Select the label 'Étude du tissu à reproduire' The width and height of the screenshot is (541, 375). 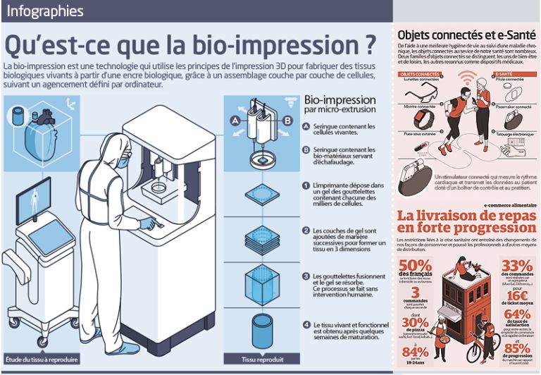tap(37, 359)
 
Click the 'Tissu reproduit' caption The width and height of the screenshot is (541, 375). tap(262, 359)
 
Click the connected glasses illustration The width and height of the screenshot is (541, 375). tap(423, 97)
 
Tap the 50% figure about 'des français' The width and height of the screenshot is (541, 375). tap(414, 268)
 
